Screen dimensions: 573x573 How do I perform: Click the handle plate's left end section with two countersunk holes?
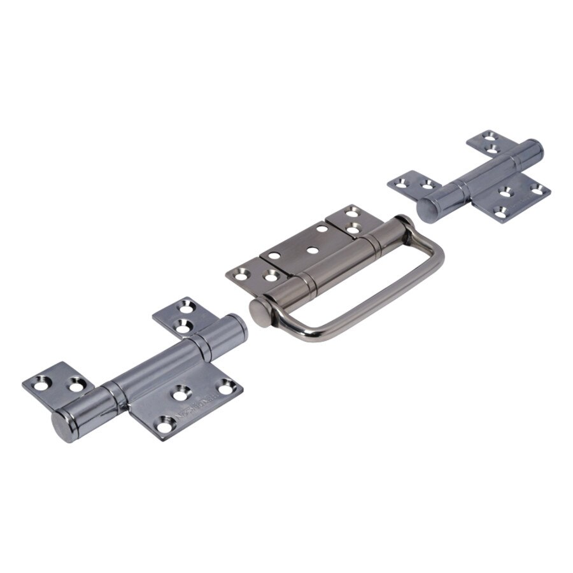click(255, 274)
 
